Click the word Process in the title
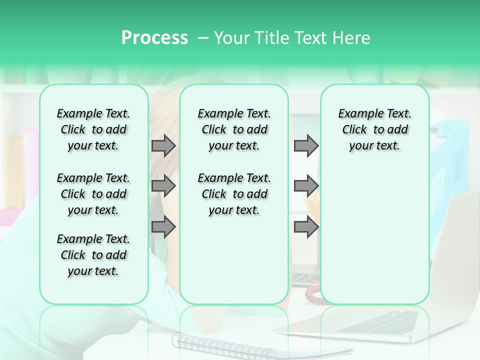pos(154,38)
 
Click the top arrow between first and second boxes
pos(163,146)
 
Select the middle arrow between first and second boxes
pos(163,186)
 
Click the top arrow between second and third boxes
pos(306,146)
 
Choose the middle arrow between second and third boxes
pos(306,186)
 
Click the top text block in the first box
pos(93,129)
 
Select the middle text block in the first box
pos(93,194)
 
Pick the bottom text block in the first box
pos(93,255)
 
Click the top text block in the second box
pos(234,129)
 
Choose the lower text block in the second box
pos(234,194)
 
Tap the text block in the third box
pos(374,129)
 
